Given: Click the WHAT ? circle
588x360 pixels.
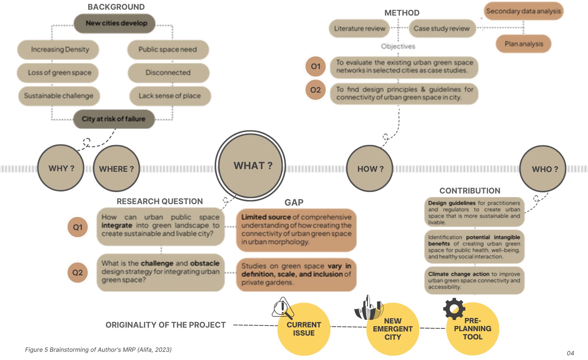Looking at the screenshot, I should [x=250, y=166].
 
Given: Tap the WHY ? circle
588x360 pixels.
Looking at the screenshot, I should [x=61, y=168].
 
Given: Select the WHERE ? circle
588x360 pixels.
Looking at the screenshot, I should [x=116, y=169].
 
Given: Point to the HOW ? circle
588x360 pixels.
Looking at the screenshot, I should [x=370, y=169].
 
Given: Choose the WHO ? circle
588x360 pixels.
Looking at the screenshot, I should [x=543, y=169].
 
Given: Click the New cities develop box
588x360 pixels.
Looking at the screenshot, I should [x=115, y=23].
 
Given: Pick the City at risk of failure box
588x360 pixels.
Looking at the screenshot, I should [x=114, y=119].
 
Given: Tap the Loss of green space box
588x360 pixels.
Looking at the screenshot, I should [x=58, y=73].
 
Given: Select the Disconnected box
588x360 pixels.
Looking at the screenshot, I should [x=168, y=73].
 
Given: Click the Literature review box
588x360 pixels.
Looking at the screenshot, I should [x=359, y=29].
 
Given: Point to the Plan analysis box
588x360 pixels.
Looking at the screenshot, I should [x=524, y=44].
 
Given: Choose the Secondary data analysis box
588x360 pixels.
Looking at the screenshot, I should [x=523, y=11].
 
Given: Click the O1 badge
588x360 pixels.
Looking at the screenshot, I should [x=315, y=66].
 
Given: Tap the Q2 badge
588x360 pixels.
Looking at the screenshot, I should [x=78, y=273].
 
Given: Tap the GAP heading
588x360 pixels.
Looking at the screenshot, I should [x=294, y=202].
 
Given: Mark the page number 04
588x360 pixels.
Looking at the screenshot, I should [x=570, y=353].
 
